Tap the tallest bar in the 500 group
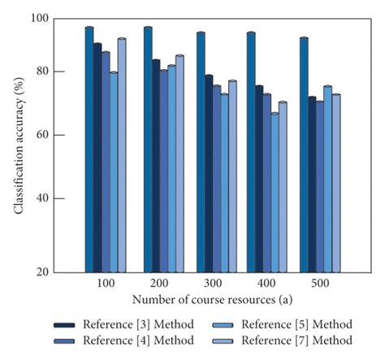pos(303,154)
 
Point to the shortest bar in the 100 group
pos(113,171)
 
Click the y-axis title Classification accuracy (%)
pos(18,144)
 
